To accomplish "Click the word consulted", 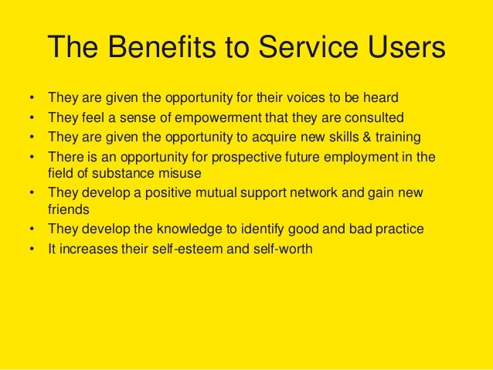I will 375,118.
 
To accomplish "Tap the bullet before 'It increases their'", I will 32,249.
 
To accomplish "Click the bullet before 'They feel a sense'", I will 32,118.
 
